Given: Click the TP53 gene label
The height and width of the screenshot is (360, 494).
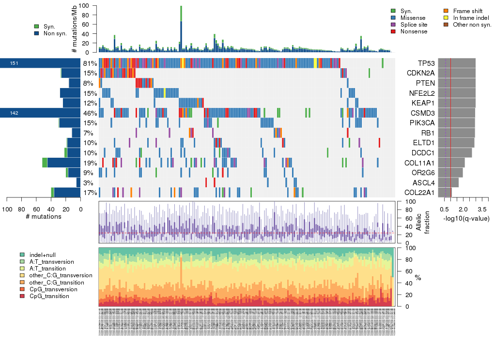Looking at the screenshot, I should [426, 63].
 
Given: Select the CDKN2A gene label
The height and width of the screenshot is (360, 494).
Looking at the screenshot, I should [421, 73].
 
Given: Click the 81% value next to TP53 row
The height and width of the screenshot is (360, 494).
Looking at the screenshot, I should [90, 63].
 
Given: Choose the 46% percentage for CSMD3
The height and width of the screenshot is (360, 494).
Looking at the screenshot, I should [90, 113].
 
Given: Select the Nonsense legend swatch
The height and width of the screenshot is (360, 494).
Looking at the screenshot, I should [393, 31].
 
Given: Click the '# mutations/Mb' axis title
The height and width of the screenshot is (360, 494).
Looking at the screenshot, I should [74, 30].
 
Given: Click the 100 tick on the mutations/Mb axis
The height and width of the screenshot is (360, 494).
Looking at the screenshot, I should [87, 6].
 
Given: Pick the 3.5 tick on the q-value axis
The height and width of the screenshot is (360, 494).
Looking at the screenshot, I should [482, 209].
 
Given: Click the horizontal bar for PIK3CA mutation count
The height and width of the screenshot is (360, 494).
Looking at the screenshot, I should [70, 123].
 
